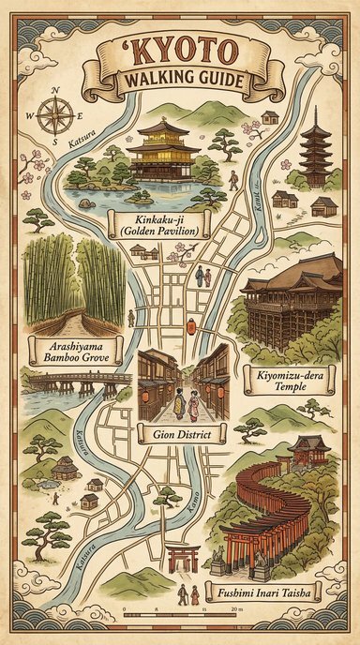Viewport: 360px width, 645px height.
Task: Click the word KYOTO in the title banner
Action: [179, 54]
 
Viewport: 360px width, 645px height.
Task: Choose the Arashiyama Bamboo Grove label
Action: [72, 352]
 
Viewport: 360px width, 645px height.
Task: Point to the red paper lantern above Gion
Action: [190, 326]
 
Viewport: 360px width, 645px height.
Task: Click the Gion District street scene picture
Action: [184, 384]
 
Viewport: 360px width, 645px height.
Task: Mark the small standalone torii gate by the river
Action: [183, 559]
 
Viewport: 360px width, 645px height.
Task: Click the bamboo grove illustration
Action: [75, 281]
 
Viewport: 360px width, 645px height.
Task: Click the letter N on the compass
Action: [54, 90]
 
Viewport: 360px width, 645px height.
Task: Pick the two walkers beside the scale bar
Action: [188, 594]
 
